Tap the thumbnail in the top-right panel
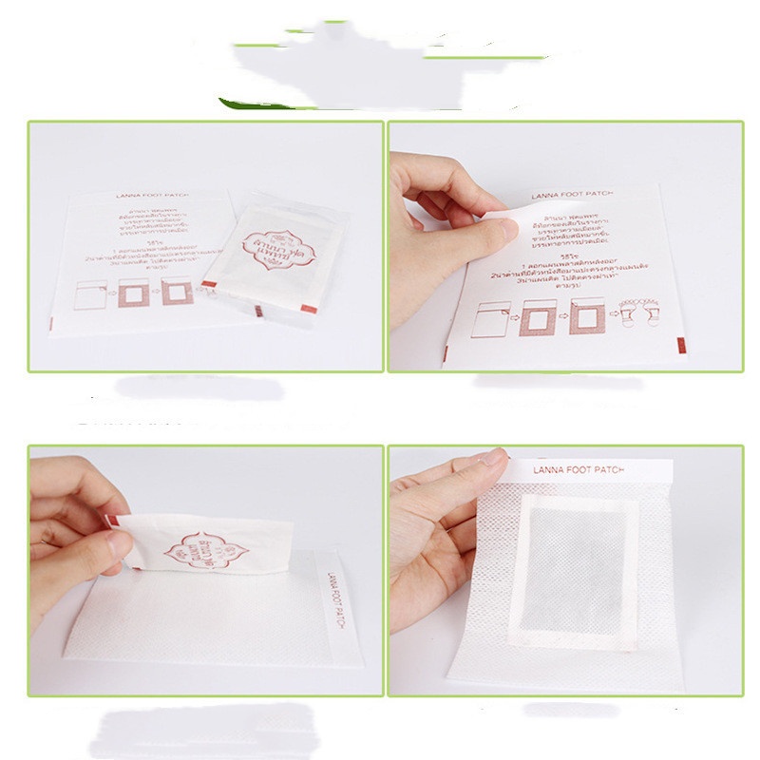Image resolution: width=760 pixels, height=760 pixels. point(501,229)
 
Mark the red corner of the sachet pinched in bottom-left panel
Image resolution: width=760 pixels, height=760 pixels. point(110,521)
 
